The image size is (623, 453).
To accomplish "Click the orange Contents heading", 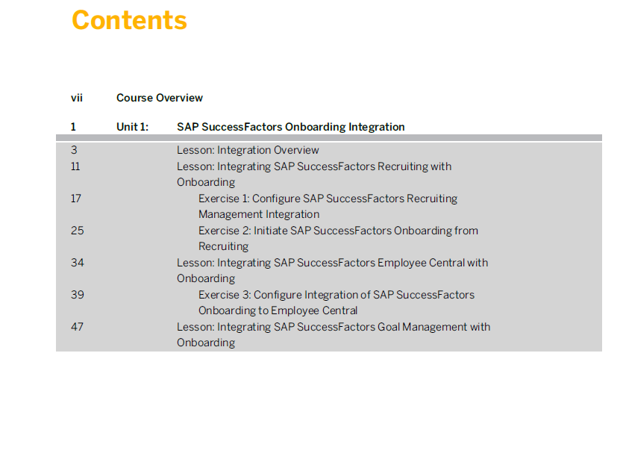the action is coord(129,20).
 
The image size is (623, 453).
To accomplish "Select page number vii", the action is coord(77,98).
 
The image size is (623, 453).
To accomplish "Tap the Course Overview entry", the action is coord(160,98).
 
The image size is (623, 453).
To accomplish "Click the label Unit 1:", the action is coord(132,127).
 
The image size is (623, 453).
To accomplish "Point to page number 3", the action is coord(74,150).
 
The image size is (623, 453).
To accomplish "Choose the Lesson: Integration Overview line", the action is coord(248,150).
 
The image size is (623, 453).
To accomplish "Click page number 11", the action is coord(75,166).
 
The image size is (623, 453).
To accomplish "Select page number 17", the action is coord(76,199).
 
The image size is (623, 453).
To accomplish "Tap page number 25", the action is coord(78,231).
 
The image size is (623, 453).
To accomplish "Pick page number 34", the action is coord(78,263).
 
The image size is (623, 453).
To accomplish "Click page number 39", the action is coord(78,295).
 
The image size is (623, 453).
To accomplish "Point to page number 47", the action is coord(77,327).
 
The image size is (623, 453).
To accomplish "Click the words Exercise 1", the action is coord(223,199).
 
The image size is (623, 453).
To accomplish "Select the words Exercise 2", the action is coord(224,231).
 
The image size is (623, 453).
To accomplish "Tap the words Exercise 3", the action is coord(224,295).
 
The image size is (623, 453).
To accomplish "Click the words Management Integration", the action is coord(259,214).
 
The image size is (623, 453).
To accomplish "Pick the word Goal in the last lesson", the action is coord(389,327).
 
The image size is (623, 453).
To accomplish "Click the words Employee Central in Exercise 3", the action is coord(317,310).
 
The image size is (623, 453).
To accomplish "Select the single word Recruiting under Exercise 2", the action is coord(224,246).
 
